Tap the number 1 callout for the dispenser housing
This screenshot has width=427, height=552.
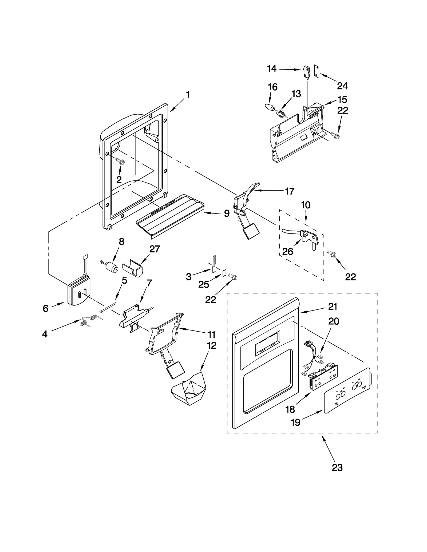tap(188, 94)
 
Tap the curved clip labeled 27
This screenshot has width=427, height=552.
tap(133, 267)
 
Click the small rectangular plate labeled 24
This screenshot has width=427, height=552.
tap(317, 72)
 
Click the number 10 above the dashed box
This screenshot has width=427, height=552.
tap(306, 205)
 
